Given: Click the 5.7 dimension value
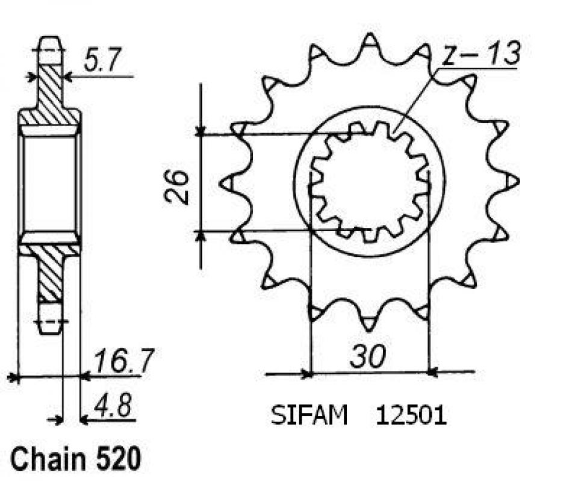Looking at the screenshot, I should coord(102,63).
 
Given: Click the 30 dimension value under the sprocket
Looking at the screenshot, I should coord(367,358).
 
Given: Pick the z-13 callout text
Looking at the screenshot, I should coord(480,55).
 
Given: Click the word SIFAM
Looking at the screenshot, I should coord(309,416).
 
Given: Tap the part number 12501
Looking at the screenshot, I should coord(411,416).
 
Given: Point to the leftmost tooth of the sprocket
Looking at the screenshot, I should coord(227,183).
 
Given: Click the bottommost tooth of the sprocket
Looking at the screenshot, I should coord(368,323).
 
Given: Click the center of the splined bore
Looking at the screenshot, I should coord(369,182).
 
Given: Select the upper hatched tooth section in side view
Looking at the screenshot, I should coord(50,90).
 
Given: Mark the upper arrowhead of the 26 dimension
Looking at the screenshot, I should coord(201,131).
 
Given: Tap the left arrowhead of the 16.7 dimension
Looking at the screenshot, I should coord(13,377).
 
